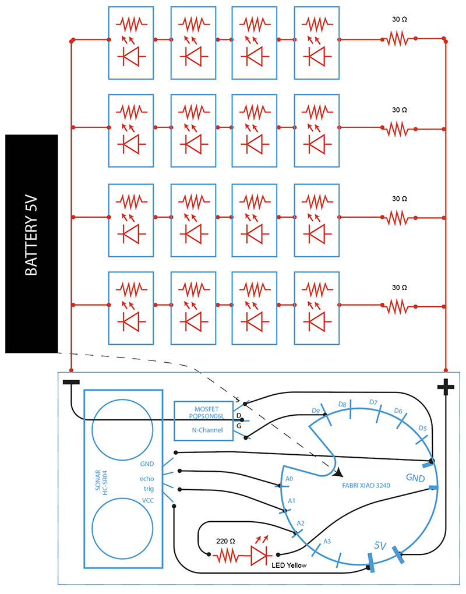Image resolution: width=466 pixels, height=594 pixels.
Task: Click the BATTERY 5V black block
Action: point(31,243)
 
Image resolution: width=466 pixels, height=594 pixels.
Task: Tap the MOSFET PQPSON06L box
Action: point(203,420)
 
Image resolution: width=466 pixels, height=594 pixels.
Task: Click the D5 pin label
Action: point(423,429)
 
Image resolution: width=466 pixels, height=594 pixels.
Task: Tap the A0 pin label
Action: point(289,480)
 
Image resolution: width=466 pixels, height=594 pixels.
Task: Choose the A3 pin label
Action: point(327,541)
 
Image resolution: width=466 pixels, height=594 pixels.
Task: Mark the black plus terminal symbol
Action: point(446,387)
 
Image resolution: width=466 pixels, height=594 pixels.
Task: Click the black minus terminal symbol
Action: point(71,383)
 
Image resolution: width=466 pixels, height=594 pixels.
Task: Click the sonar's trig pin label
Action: point(149,488)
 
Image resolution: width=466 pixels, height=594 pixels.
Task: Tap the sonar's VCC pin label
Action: point(149,500)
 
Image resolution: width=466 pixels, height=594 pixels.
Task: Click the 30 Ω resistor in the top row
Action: point(398,39)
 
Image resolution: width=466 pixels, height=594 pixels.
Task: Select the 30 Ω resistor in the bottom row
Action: point(398,304)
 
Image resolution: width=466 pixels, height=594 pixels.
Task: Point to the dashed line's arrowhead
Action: point(338,473)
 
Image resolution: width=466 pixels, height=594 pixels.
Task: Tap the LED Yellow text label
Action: point(289,565)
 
